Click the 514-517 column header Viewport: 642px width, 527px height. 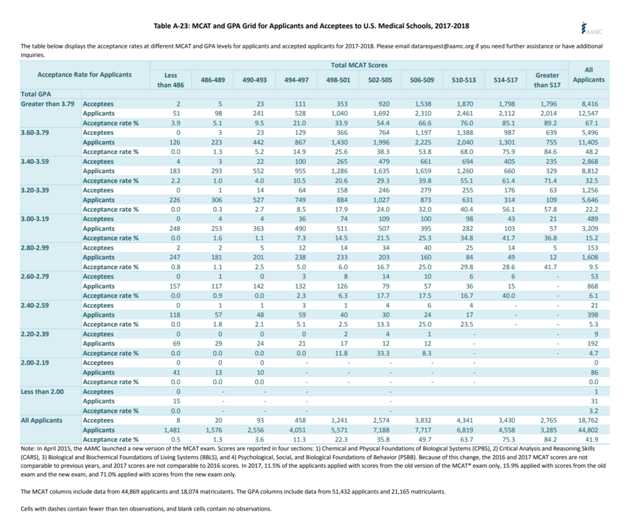point(505,80)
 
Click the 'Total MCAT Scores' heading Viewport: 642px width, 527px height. point(359,65)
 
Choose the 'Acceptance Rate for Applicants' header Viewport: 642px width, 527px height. point(85,75)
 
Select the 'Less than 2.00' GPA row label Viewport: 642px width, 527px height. point(43,391)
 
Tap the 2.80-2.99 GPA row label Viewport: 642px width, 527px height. point(38,248)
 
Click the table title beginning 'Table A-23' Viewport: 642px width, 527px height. point(311,26)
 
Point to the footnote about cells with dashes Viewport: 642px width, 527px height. point(146,509)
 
